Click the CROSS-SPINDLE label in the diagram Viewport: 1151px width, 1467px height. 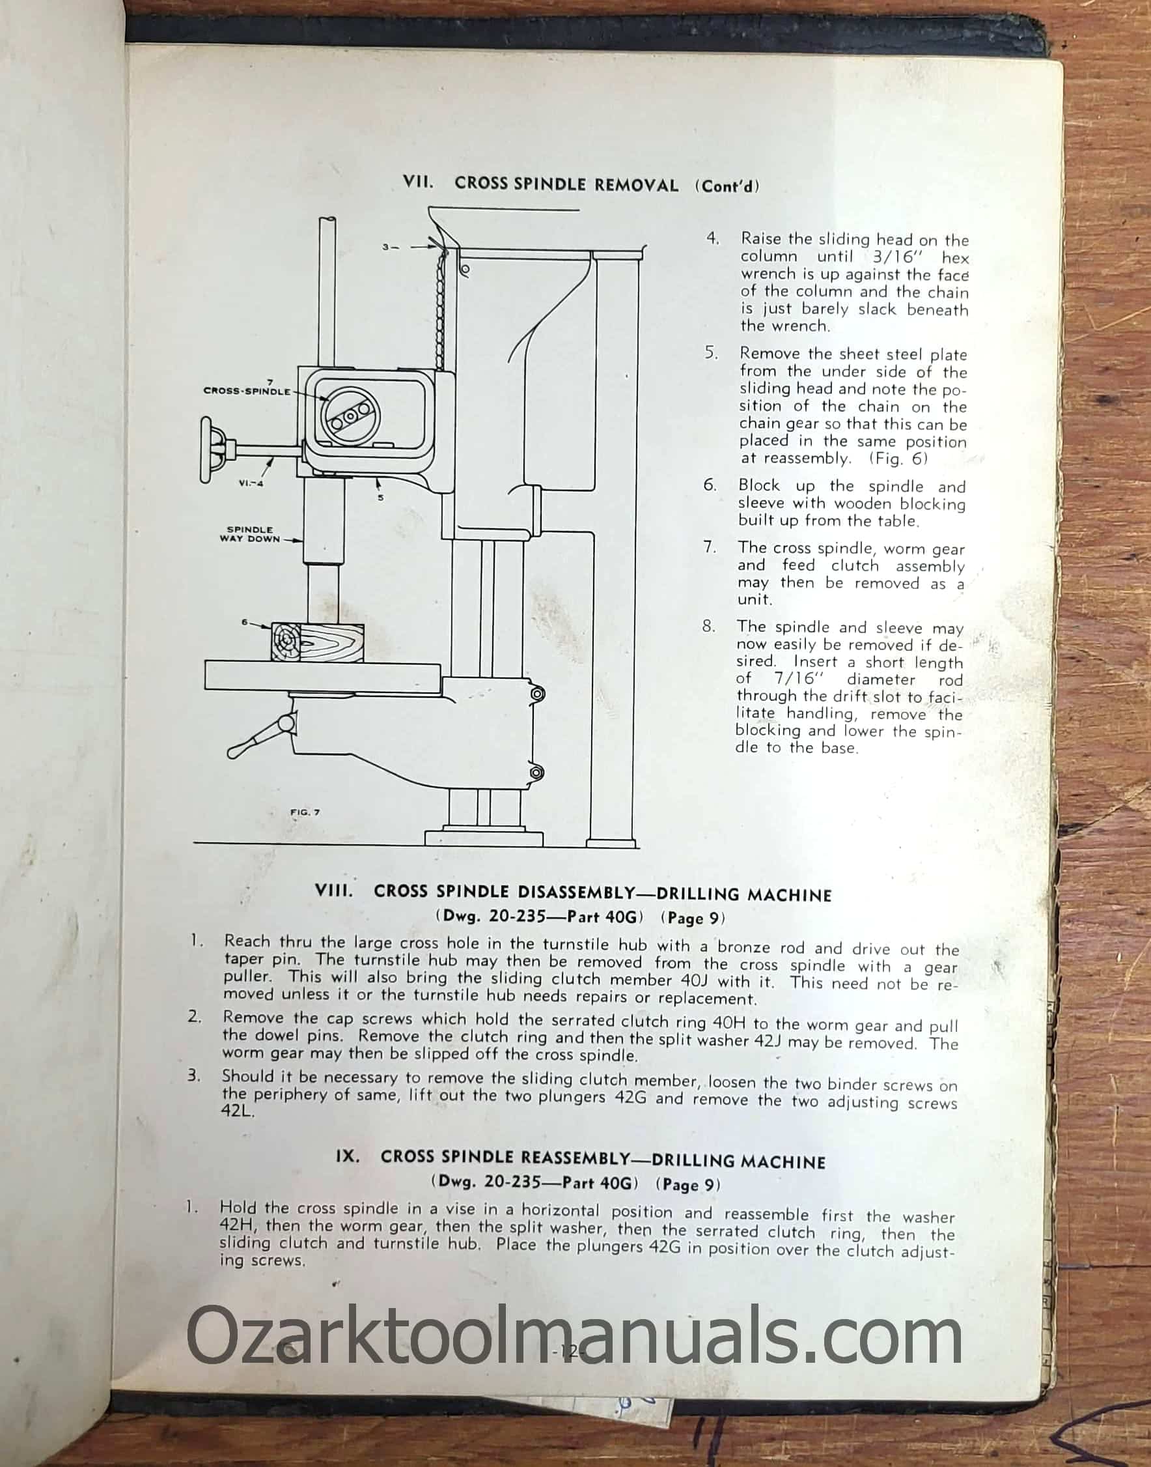pos(247,391)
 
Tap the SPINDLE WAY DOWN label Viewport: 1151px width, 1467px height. pos(249,534)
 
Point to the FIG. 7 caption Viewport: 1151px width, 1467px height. pos(305,812)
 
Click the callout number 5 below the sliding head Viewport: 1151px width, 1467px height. pos(380,498)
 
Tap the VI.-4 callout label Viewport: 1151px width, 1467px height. pos(250,483)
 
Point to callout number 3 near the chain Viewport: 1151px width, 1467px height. pos(386,247)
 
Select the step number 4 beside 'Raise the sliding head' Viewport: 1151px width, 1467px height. pos(713,238)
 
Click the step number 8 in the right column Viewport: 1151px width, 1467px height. pos(709,626)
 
